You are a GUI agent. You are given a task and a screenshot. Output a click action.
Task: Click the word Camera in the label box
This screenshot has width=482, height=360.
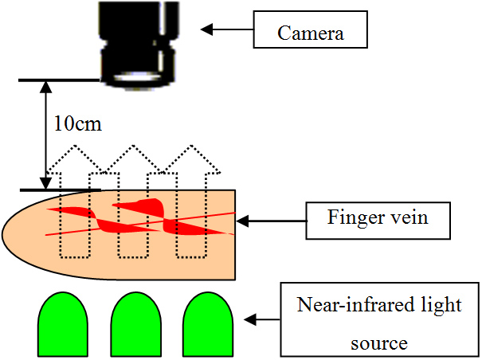point(311,33)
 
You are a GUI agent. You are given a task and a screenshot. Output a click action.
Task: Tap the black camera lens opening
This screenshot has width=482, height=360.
point(137,76)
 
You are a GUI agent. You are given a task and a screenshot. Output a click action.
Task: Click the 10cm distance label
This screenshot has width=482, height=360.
point(78,123)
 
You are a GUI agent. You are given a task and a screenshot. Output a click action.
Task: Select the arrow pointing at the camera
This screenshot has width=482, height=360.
point(227,29)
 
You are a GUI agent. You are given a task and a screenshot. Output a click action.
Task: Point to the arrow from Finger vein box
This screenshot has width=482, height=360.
point(272,221)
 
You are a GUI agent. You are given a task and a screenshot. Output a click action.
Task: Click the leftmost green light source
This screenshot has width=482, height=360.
point(63,324)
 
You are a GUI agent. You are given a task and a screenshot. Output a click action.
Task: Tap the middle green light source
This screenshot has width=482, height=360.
point(135,324)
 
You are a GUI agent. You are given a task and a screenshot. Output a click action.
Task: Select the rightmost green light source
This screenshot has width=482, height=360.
point(208,324)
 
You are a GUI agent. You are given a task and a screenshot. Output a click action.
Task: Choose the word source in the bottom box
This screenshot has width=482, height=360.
point(379,343)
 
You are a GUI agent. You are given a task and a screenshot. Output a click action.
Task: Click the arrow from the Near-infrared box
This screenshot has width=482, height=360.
point(262,319)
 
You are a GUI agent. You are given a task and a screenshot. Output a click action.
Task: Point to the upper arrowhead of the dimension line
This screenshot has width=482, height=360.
point(46,87)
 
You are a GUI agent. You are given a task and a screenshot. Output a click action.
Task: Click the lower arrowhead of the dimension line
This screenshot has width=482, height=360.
point(46,183)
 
